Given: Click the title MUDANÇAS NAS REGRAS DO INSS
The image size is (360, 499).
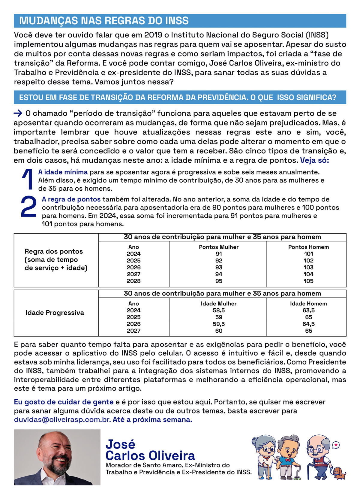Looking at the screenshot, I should click(x=104, y=21).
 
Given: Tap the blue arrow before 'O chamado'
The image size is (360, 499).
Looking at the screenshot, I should click(x=18, y=113).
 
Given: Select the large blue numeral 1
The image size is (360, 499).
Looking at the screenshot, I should click(x=28, y=180).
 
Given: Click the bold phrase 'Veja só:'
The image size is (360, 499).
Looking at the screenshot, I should click(x=314, y=160).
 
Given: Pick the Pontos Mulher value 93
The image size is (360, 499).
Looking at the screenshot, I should click(x=219, y=267).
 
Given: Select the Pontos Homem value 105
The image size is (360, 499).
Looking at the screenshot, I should click(x=308, y=281).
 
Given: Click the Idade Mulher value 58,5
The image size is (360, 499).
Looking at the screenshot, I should click(x=219, y=310).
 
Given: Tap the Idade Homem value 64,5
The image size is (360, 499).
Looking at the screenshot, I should click(x=308, y=324).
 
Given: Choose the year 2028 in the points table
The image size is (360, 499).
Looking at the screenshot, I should click(x=133, y=281).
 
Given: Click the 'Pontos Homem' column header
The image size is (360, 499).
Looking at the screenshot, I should click(x=308, y=247).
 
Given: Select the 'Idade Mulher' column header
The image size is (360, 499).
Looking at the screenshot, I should click(x=219, y=304).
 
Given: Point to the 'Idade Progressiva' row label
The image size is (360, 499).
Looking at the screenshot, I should click(x=55, y=313).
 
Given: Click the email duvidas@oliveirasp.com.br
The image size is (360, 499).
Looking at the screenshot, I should click(x=62, y=419).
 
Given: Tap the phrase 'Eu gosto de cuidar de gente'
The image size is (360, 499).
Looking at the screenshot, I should click(x=64, y=402).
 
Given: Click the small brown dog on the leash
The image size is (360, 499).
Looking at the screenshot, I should click(x=339, y=473).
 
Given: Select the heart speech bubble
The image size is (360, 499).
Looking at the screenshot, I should click(x=336, y=445).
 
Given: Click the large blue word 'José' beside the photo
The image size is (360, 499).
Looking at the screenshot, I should click(x=120, y=444).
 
